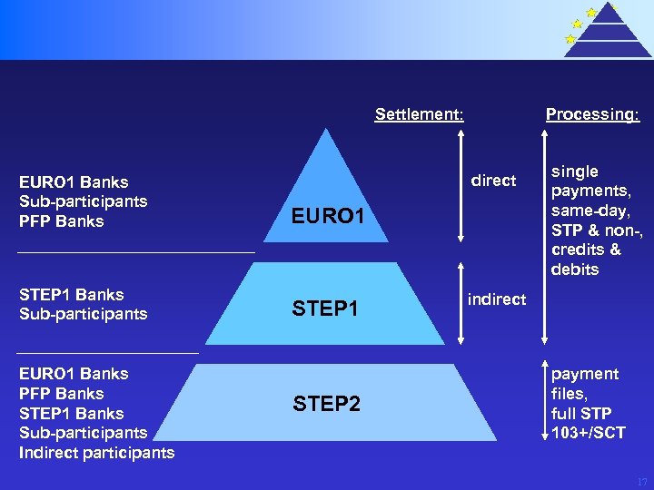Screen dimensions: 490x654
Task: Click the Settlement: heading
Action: pyautogui.click(x=420, y=114)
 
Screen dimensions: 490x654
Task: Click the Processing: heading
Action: pyautogui.click(x=592, y=114)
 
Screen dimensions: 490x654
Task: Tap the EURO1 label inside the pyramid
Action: pyautogui.click(x=328, y=216)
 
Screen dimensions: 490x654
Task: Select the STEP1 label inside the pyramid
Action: pyautogui.click(x=325, y=309)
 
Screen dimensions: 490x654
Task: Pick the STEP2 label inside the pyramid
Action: pyautogui.click(x=327, y=404)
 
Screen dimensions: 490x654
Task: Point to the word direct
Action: pyautogui.click(x=493, y=181)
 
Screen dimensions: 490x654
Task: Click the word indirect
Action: pyautogui.click(x=496, y=299)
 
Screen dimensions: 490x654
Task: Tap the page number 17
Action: pyautogui.click(x=642, y=482)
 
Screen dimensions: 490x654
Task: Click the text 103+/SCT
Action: pyautogui.click(x=589, y=433)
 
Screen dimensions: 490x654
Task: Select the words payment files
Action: pyautogui.click(x=585, y=384)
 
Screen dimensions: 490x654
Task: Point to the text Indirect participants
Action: pyautogui.click(x=96, y=452)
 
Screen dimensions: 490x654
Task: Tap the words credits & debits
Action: pyautogui.click(x=586, y=260)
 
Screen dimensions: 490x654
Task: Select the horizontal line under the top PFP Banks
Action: pyautogui.click(x=136, y=251)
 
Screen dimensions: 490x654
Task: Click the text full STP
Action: pyautogui.click(x=581, y=413)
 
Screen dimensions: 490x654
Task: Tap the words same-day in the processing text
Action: pyautogui.click(x=590, y=211)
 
